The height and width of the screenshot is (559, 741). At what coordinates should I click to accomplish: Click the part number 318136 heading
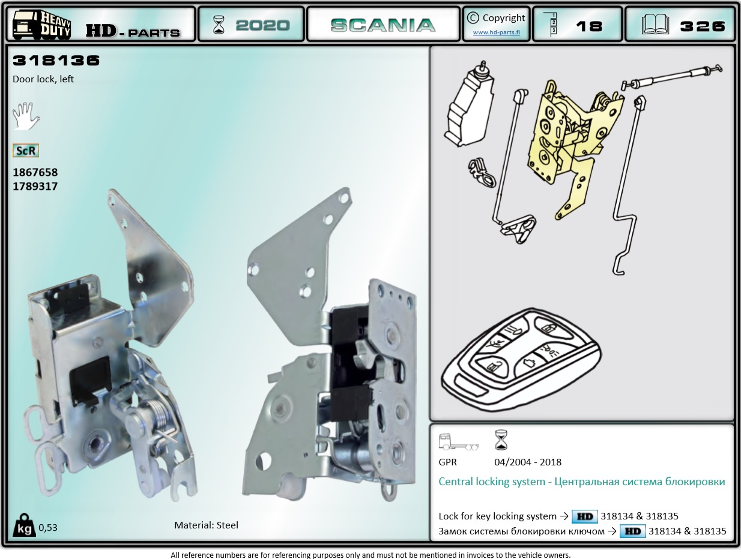[56, 61]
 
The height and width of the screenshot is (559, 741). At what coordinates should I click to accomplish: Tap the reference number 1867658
[35, 172]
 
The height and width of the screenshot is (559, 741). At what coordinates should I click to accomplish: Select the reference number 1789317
[35, 186]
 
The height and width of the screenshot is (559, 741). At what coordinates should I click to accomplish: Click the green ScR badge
[26, 151]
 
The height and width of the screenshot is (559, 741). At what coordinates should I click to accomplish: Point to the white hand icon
[25, 116]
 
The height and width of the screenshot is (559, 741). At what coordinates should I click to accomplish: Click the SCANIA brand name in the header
[383, 25]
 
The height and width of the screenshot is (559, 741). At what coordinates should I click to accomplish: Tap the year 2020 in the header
[262, 25]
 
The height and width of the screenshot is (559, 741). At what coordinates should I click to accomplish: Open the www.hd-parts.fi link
[496, 32]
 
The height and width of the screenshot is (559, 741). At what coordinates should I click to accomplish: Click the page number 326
[702, 26]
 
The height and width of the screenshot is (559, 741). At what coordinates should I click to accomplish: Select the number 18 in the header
[589, 26]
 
